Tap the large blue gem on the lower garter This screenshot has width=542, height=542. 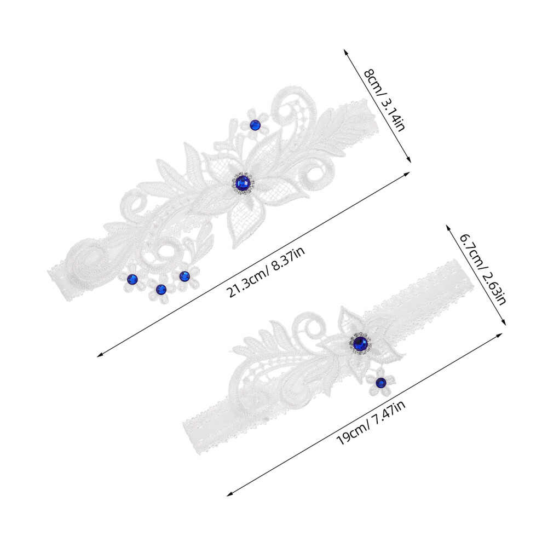[x=361, y=343]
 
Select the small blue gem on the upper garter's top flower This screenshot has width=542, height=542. [x=255, y=125]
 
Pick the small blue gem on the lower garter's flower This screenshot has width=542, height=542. [x=380, y=382]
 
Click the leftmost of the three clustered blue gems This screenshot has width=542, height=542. [x=132, y=279]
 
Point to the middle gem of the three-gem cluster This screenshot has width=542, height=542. [x=161, y=289]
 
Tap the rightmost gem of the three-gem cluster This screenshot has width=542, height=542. [x=184, y=276]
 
